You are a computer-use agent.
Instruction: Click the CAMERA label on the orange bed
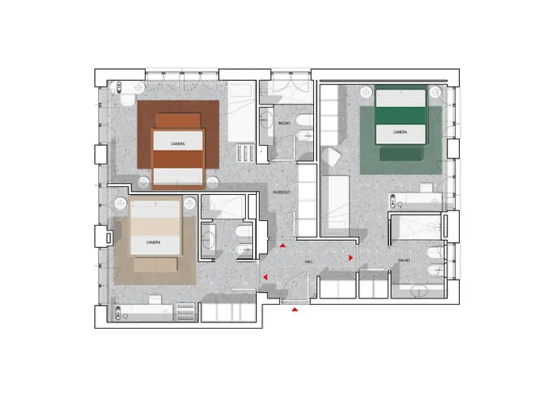tap(178, 143)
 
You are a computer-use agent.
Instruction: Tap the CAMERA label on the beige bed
tap(153, 242)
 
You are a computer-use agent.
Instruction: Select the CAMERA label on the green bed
tap(400, 132)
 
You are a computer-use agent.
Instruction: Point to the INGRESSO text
tap(281, 192)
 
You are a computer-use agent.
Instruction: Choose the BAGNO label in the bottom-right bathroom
tap(404, 260)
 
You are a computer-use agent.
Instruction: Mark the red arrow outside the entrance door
tap(295, 310)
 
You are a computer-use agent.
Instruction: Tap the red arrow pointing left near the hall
tap(265, 276)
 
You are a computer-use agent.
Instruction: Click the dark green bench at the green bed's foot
tap(402, 155)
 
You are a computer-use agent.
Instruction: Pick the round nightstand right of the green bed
tap(436, 92)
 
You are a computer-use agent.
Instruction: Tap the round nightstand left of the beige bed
tap(121, 204)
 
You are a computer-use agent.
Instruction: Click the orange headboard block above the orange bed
tap(178, 120)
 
